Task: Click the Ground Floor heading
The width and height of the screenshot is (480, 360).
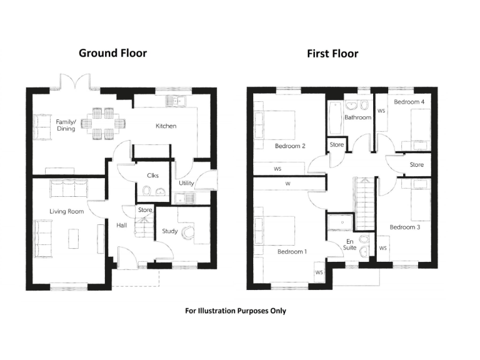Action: [x=112, y=52]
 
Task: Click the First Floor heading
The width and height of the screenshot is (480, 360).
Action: [x=332, y=54]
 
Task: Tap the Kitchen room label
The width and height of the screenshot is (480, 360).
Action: [x=166, y=126]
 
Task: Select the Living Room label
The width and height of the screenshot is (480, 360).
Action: [x=67, y=212]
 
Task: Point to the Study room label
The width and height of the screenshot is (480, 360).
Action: [x=170, y=231]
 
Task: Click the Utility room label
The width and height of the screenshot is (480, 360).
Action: [x=186, y=183]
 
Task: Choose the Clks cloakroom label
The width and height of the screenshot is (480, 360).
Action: [x=152, y=176]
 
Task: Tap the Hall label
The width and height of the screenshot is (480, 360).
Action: [x=122, y=226]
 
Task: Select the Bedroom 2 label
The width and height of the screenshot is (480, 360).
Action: [x=290, y=147]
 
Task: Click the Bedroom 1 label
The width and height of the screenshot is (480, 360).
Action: [x=292, y=252]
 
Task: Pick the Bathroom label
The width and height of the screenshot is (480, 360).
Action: [x=357, y=117]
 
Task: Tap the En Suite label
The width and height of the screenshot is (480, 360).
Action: [x=349, y=244]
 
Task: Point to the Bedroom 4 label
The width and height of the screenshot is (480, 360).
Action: [x=409, y=101]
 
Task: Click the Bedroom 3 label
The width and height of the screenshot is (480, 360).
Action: [x=404, y=227]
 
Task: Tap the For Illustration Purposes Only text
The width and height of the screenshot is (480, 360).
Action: [x=236, y=311]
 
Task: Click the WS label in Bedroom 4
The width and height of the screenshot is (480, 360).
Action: [x=381, y=111]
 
